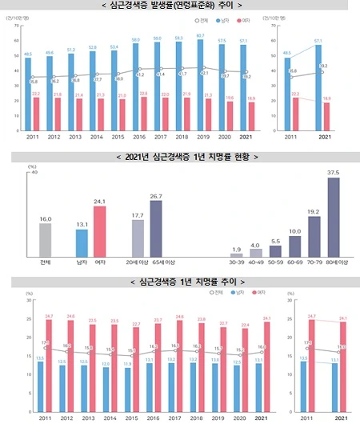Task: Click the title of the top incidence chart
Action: (x=180, y=7)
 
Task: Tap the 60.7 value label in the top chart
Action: (x=222, y=36)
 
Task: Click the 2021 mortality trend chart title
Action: (x=180, y=156)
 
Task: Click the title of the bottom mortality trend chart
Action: (x=180, y=282)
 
